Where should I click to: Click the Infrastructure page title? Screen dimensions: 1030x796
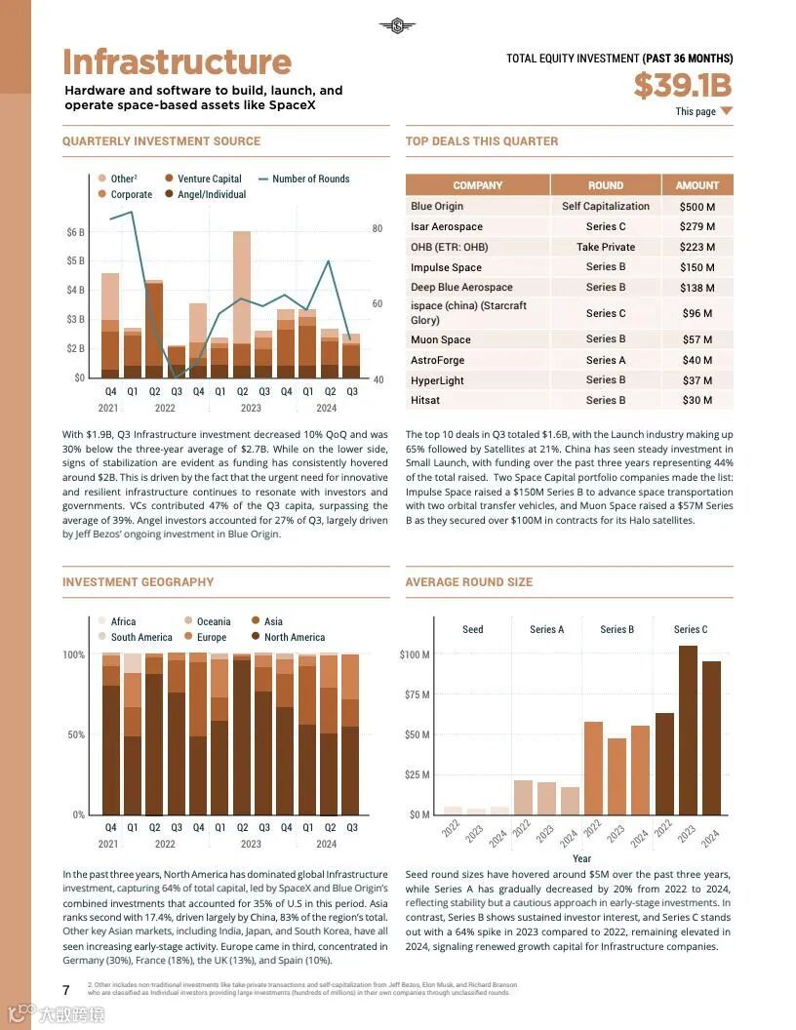pos(177,62)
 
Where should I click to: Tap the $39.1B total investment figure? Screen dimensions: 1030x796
pos(682,86)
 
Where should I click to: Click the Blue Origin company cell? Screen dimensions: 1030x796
pos(437,207)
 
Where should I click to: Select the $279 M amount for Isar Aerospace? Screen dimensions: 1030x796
pos(696,227)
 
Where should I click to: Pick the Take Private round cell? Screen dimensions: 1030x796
pos(605,247)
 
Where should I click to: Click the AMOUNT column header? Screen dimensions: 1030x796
pos(696,185)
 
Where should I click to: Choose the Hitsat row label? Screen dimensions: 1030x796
pos(424,400)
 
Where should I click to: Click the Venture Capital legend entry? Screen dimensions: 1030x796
pos(209,179)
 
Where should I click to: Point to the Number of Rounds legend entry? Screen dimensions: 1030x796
pos(310,179)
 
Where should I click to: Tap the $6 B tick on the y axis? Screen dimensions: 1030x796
pos(75,232)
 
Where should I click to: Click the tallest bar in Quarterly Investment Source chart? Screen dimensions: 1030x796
pos(242,302)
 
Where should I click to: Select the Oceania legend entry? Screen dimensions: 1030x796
pos(213,621)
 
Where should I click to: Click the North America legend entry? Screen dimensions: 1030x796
pos(294,637)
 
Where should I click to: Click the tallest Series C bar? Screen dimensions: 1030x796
pos(688,730)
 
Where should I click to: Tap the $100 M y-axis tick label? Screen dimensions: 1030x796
pos(415,654)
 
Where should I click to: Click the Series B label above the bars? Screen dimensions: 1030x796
pos(617,629)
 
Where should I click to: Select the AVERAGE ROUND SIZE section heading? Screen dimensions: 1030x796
pos(468,582)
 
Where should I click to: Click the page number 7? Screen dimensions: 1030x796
pos(66,990)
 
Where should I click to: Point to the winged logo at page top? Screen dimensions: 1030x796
pos(397,26)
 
